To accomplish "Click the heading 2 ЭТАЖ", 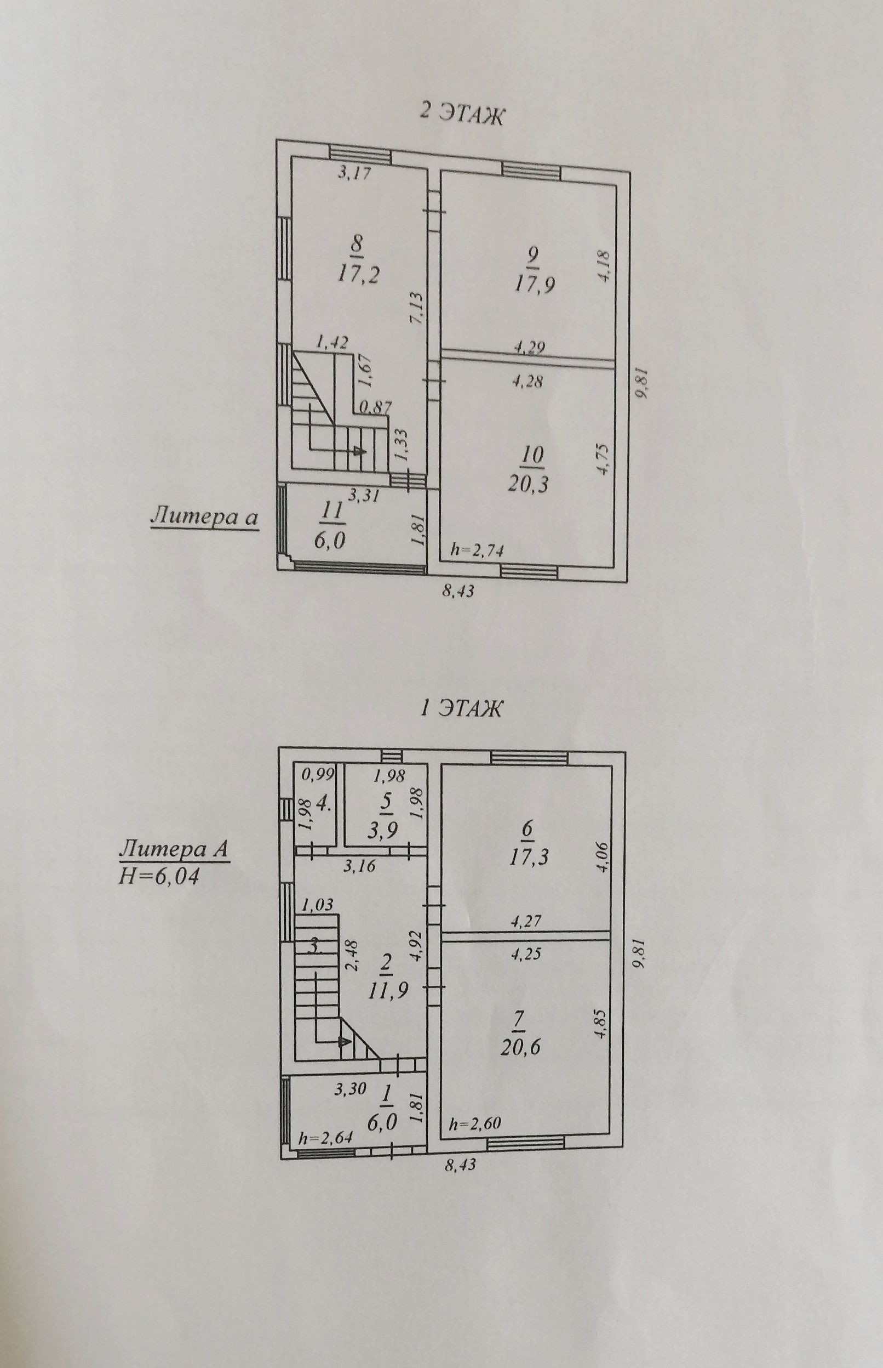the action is [x=462, y=113].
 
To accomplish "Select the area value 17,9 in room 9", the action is [x=534, y=284].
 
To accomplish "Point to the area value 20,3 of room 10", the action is [x=527, y=483].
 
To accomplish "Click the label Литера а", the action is [x=204, y=517].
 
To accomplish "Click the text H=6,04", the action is [x=159, y=876].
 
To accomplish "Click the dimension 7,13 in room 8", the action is [x=416, y=309].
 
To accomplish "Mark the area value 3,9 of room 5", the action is [x=387, y=830].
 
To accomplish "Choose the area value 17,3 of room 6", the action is [x=528, y=857].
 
